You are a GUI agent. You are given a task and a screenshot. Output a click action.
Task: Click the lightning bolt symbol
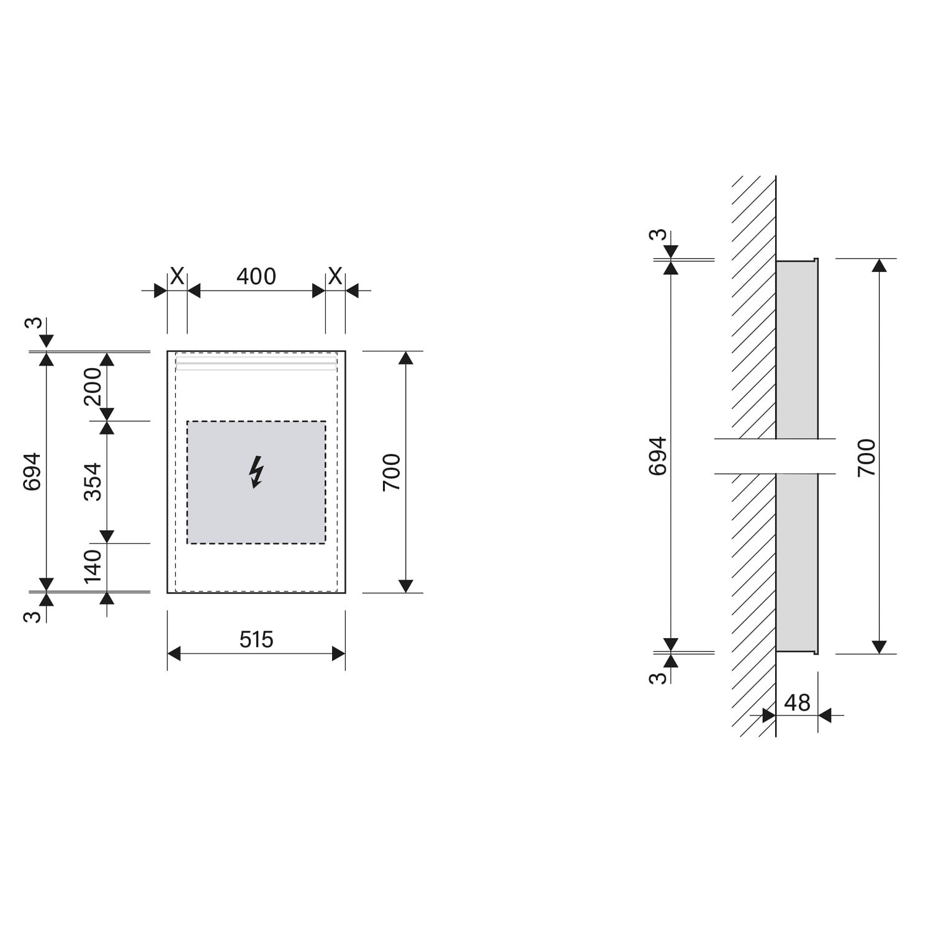[256, 472]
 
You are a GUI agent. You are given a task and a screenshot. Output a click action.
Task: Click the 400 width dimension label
[256, 276]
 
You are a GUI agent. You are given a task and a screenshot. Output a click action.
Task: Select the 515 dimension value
[256, 639]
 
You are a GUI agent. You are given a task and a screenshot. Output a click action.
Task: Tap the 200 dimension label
[92, 386]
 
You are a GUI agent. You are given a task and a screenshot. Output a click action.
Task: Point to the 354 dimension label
[92, 482]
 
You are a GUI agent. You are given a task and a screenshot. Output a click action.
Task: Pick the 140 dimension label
[92, 566]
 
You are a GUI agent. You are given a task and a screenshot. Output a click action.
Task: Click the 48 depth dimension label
[797, 703]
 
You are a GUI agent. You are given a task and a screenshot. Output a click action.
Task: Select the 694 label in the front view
[32, 472]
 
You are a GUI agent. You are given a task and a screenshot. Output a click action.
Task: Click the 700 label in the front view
[392, 472]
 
